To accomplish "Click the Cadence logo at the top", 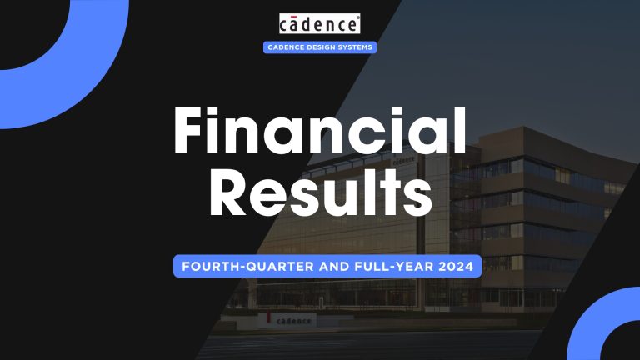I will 320,23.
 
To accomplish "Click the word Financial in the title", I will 320,134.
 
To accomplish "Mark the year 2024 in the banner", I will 449,267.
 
